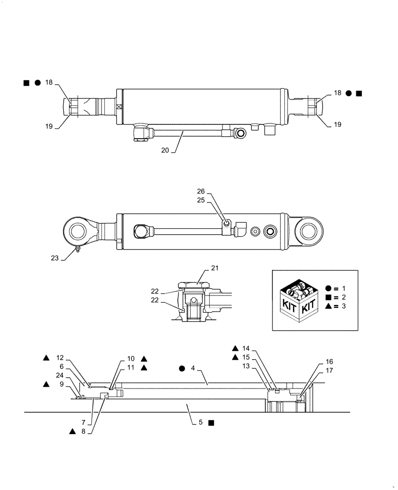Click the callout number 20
(164, 150)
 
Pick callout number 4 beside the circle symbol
(193, 367)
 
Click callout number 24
(60, 375)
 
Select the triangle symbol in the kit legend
(328, 306)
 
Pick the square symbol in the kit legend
(328, 297)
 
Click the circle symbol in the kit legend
(328, 288)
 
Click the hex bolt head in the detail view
(195, 284)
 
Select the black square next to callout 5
(210, 422)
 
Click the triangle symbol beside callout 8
(72, 431)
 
